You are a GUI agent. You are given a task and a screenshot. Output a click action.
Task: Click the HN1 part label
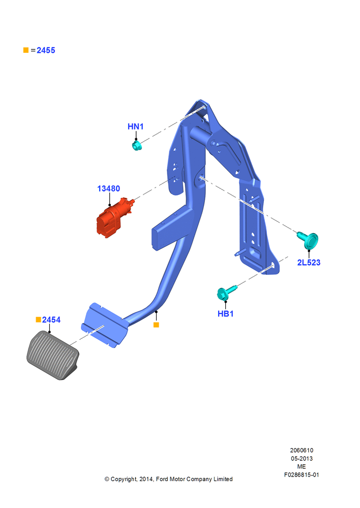pos(136,126)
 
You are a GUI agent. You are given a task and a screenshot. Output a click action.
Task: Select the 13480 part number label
pos(109,188)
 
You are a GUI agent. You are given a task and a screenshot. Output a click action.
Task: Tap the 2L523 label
pos(309,263)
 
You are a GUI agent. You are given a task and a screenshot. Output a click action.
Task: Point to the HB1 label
pos(225,313)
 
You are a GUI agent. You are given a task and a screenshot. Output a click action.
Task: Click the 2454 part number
pos(51,320)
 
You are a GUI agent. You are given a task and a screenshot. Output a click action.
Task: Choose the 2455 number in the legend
pos(46,50)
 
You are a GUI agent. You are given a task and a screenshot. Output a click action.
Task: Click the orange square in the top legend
pos(26,50)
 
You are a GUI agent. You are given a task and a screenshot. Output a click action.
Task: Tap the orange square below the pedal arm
pos(156,325)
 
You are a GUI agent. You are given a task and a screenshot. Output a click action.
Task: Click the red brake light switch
pos(113,217)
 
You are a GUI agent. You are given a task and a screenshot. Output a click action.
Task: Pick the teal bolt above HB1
pos(226,292)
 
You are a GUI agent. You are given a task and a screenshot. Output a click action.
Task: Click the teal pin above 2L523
pos(309,240)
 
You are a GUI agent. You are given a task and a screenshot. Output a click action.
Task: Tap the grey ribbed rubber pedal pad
pos(52,355)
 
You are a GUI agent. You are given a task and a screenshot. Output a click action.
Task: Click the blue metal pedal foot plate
pos(104,325)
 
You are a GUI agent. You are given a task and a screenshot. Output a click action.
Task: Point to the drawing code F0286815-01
pos(302,474)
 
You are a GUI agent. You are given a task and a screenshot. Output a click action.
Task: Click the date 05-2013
pos(302,458)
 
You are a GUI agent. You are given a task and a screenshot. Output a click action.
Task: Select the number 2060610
pos(302,450)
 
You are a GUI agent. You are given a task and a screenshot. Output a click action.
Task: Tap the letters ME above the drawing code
pos(302,466)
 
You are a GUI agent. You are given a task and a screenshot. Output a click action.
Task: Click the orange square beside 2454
pos(38,320)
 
